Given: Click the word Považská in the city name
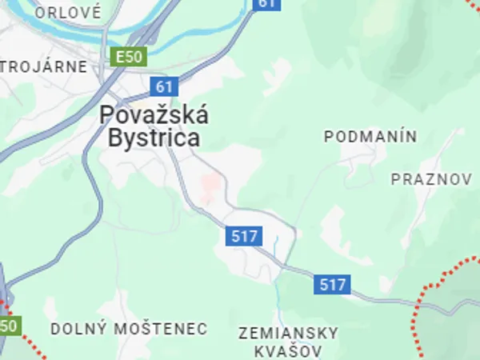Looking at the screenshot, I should pyautogui.click(x=154, y=115).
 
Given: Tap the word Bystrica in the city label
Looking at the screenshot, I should pyautogui.click(x=154, y=138).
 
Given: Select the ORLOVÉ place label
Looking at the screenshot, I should pyautogui.click(x=68, y=12).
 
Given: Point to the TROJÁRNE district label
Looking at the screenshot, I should pyautogui.click(x=43, y=66).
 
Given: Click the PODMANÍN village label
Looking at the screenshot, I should pyautogui.click(x=370, y=137).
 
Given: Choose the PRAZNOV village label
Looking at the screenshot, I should pyautogui.click(x=431, y=179).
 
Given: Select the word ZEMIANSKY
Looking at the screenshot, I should pyautogui.click(x=288, y=333).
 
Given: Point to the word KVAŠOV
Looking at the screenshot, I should pyautogui.click(x=288, y=351).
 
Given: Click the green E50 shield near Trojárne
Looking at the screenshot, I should pyautogui.click(x=127, y=58).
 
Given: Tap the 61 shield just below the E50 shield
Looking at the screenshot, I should pyautogui.click(x=164, y=86).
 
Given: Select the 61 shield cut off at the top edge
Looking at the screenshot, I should pyautogui.click(x=267, y=4).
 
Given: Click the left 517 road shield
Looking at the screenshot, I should pyautogui.click(x=242, y=236).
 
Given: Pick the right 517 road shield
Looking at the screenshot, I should pyautogui.click(x=332, y=284).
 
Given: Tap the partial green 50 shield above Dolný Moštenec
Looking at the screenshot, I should pyautogui.click(x=9, y=326).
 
